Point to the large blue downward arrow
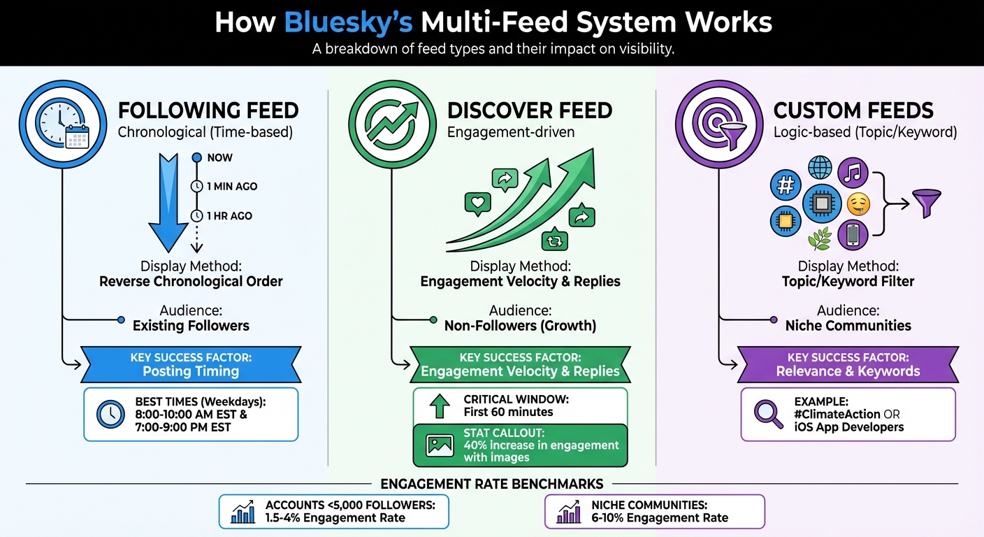(169, 203)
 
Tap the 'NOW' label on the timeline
(219, 157)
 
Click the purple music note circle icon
(853, 171)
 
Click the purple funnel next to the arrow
(927, 203)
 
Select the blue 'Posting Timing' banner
(191, 364)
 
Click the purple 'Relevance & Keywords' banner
(848, 364)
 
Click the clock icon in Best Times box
(110, 415)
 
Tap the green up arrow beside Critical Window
(440, 406)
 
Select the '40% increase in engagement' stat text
(541, 445)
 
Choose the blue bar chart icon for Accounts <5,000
(243, 513)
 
